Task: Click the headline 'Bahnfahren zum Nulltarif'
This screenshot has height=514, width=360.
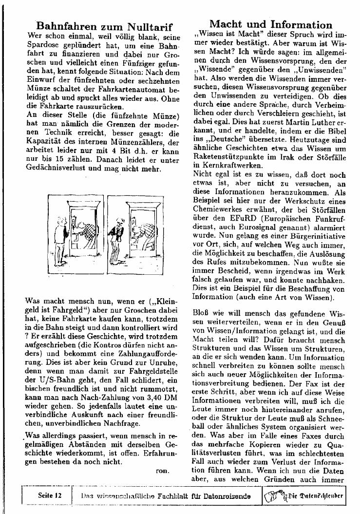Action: tap(105, 26)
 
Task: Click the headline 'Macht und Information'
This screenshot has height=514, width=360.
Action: tap(270, 24)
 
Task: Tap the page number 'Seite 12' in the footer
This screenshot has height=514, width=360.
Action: tap(51, 495)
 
